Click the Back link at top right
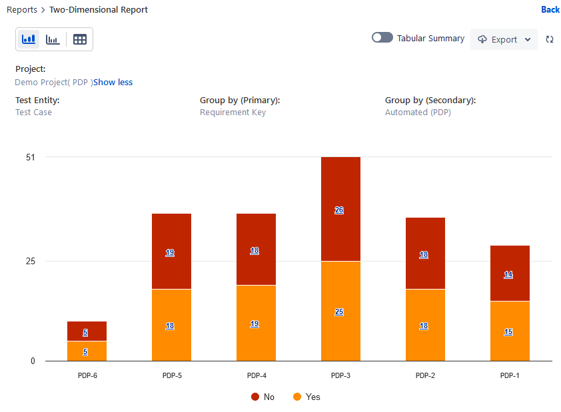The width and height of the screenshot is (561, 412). tap(550, 9)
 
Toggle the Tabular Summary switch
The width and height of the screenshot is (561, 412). tap(382, 38)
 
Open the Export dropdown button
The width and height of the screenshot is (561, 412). tap(504, 39)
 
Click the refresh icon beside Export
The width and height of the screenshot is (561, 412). tap(550, 39)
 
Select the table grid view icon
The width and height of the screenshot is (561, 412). tap(80, 39)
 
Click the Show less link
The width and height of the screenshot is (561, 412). tap(113, 83)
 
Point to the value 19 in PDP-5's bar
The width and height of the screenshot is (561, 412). tap(170, 253)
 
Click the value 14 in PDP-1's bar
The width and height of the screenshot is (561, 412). tap(508, 274)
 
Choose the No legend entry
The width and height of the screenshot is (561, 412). tap(263, 397)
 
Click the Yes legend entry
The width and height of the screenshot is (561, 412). tap(306, 397)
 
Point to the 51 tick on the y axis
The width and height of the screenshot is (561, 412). tap(31, 157)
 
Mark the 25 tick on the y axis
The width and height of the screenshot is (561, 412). tap(31, 261)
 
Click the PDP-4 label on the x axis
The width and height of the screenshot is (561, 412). tap(256, 375)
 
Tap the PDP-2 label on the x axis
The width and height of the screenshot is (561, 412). tap(425, 375)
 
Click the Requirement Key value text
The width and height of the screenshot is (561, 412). tap(233, 112)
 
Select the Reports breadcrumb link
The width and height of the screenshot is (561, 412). tap(22, 10)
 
